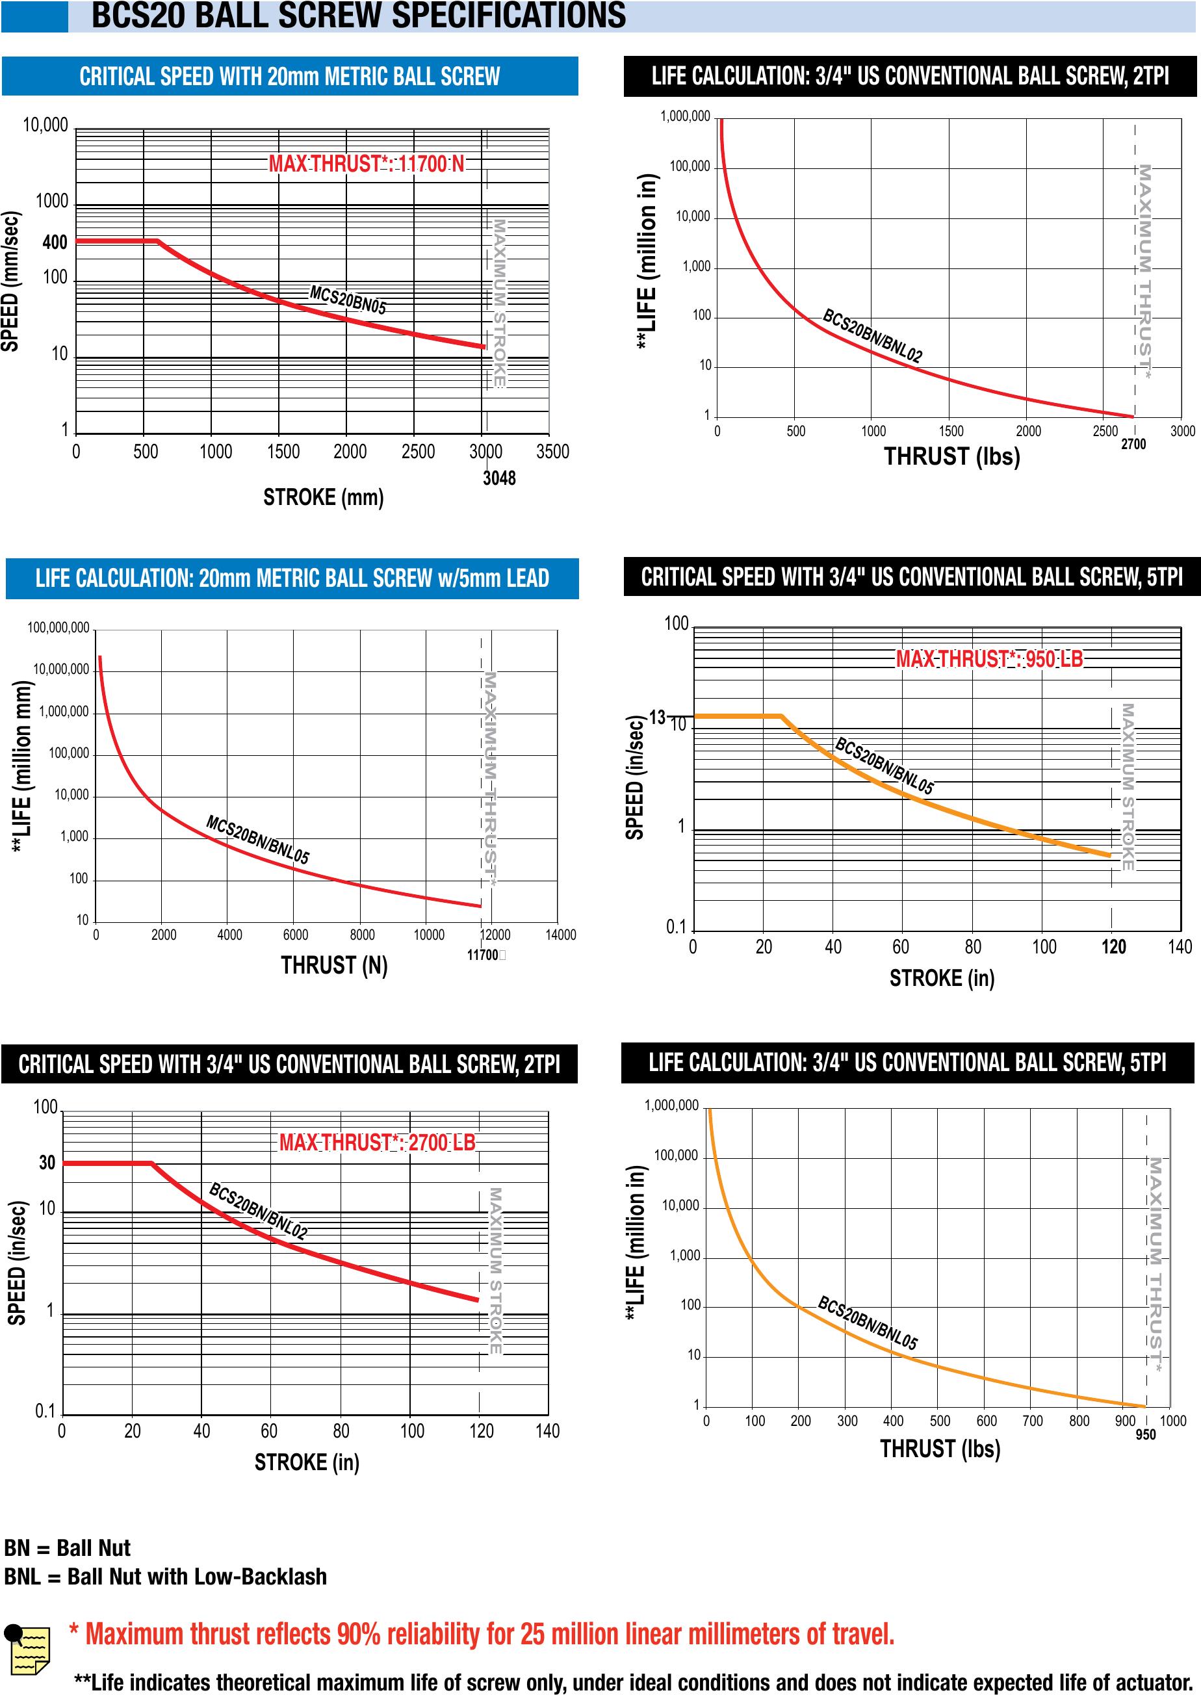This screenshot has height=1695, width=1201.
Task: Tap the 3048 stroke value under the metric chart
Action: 499,478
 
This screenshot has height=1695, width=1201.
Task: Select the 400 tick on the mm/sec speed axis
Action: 55,242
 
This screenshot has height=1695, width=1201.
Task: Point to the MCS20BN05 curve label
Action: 348,300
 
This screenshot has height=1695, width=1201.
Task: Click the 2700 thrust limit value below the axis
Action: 1133,445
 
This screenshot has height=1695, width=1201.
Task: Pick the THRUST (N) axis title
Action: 334,965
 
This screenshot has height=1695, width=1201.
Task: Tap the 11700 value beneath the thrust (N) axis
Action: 482,955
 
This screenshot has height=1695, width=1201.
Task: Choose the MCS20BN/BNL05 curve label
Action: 257,839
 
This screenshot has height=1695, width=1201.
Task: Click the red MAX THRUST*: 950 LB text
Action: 988,659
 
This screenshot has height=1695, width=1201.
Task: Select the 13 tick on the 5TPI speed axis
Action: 656,717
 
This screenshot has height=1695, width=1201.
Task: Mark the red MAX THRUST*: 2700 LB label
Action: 377,1143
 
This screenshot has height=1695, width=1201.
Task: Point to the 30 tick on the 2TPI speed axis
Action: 47,1163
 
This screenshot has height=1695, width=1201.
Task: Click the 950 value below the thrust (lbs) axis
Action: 1145,1434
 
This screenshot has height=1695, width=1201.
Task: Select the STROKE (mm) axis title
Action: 323,497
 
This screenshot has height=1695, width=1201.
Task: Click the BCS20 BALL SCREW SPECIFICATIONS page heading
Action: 359,16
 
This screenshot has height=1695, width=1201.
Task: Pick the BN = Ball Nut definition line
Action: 68,1548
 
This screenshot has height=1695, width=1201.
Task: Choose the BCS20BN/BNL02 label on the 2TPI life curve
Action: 873,337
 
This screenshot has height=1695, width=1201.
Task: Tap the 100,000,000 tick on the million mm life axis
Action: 58,628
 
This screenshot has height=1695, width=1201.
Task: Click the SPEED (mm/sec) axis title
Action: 10,281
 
